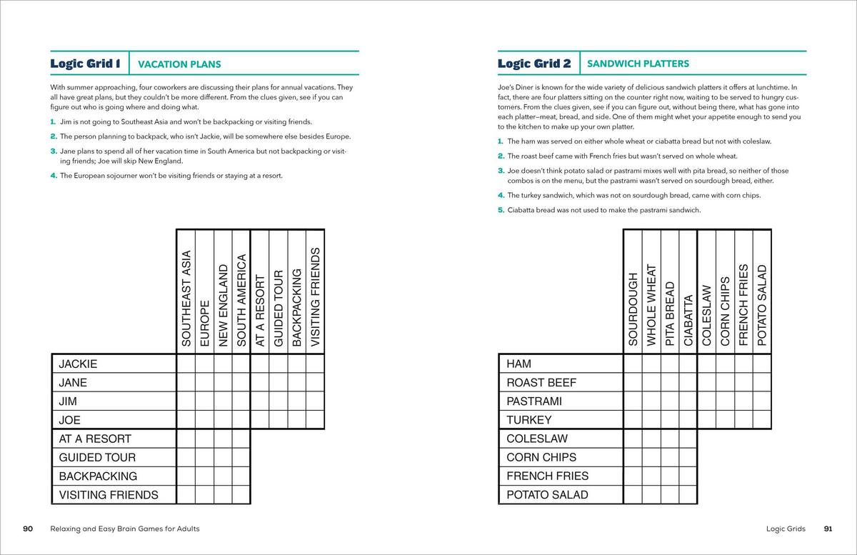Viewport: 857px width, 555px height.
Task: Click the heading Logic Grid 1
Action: tap(85, 64)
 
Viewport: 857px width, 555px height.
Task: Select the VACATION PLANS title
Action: tap(179, 64)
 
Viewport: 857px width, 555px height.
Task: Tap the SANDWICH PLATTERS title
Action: tap(638, 64)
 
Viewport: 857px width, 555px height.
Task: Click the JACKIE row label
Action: tap(78, 364)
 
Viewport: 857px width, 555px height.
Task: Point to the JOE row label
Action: tap(70, 420)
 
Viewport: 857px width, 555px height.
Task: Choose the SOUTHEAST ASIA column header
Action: tap(186, 299)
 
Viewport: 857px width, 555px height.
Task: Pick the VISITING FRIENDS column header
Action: tap(316, 299)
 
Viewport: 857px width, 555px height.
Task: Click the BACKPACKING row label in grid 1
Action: tap(98, 476)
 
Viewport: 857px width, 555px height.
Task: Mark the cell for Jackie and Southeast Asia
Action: tap(186, 364)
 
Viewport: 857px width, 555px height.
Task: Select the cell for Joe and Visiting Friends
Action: tap(316, 420)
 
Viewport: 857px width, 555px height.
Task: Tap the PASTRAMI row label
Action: tap(534, 401)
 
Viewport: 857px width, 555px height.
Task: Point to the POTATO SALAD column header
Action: tap(762, 306)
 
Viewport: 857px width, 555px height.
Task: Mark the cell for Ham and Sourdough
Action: tap(633, 364)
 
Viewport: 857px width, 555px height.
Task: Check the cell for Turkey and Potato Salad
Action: tap(762, 420)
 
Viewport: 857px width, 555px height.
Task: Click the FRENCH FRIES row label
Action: tap(548, 476)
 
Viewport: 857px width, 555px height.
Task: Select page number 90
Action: tap(28, 529)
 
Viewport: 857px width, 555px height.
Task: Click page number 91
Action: tap(828, 529)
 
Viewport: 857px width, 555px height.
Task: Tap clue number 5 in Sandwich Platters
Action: tap(501, 210)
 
